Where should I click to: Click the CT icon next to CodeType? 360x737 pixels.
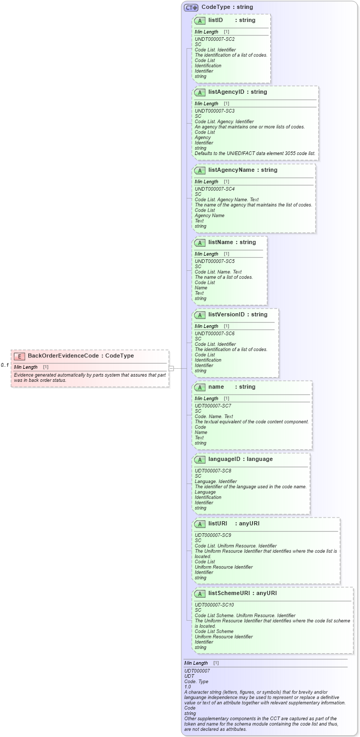coord(191,7)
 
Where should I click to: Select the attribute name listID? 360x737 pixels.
coord(215,20)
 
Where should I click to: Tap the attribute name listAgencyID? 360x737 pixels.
coord(230,92)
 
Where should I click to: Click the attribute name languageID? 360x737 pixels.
coord(225,459)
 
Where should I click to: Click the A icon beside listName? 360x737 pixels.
coord(200,243)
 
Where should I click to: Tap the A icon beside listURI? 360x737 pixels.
coord(200,524)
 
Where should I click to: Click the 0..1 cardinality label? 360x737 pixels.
coord(5,365)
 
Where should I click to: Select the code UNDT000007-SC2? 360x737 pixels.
coord(214,39)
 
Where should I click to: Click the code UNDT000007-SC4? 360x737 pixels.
coord(214,189)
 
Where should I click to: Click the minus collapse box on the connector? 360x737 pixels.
coord(171,368)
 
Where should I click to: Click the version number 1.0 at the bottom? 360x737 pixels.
coord(188,686)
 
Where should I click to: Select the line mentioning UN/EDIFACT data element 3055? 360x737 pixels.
coord(255,153)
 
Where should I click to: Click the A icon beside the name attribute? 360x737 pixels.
coord(200,388)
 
